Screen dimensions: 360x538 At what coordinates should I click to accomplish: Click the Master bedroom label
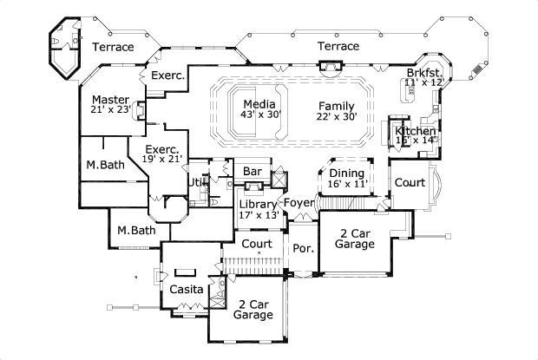pyautogui.click(x=111, y=100)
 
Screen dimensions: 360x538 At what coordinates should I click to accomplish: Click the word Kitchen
pyautogui.click(x=416, y=131)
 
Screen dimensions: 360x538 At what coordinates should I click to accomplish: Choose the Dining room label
pyautogui.click(x=346, y=173)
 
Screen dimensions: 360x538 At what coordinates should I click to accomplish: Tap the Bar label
pyautogui.click(x=253, y=172)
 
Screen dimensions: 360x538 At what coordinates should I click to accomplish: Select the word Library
pyautogui.click(x=258, y=205)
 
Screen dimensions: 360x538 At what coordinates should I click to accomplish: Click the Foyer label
pyautogui.click(x=299, y=204)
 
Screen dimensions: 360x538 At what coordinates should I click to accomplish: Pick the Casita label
pyautogui.click(x=187, y=289)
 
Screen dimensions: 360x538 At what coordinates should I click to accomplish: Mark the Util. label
pyautogui.click(x=197, y=183)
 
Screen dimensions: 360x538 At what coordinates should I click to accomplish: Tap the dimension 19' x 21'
pyautogui.click(x=162, y=160)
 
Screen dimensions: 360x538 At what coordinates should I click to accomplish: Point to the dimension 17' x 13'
pyautogui.click(x=258, y=216)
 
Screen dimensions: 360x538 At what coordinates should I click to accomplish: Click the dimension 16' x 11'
pyautogui.click(x=346, y=185)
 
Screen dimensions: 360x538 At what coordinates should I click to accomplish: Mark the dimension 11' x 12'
pyautogui.click(x=425, y=82)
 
